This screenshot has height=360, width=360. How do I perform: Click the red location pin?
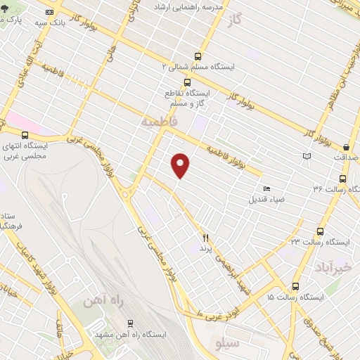pyautogui.click(x=181, y=165)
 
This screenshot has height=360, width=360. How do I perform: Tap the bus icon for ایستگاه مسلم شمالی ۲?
pyautogui.click(x=198, y=56)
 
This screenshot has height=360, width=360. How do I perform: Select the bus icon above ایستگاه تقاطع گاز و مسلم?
pyautogui.click(x=186, y=82)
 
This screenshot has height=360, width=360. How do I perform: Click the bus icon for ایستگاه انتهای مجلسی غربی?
pyautogui.click(x=26, y=135)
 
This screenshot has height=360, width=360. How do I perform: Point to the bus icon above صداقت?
pyautogui.click(x=346, y=147)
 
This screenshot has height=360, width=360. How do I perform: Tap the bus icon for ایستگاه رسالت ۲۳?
pyautogui.click(x=320, y=231)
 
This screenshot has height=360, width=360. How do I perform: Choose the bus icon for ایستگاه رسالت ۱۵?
pyautogui.click(x=295, y=287)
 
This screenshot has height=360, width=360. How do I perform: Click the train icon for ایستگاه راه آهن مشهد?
pyautogui.click(x=129, y=323)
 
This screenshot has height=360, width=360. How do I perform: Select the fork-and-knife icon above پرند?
pyautogui.click(x=206, y=238)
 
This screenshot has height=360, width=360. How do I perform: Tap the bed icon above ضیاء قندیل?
pyautogui.click(x=266, y=188)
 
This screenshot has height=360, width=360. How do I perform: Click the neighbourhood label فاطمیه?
pyautogui.click(x=155, y=123)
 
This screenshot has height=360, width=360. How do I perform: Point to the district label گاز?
pyautogui.click(x=239, y=20)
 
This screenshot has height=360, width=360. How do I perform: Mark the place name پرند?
pyautogui.click(x=205, y=248)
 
